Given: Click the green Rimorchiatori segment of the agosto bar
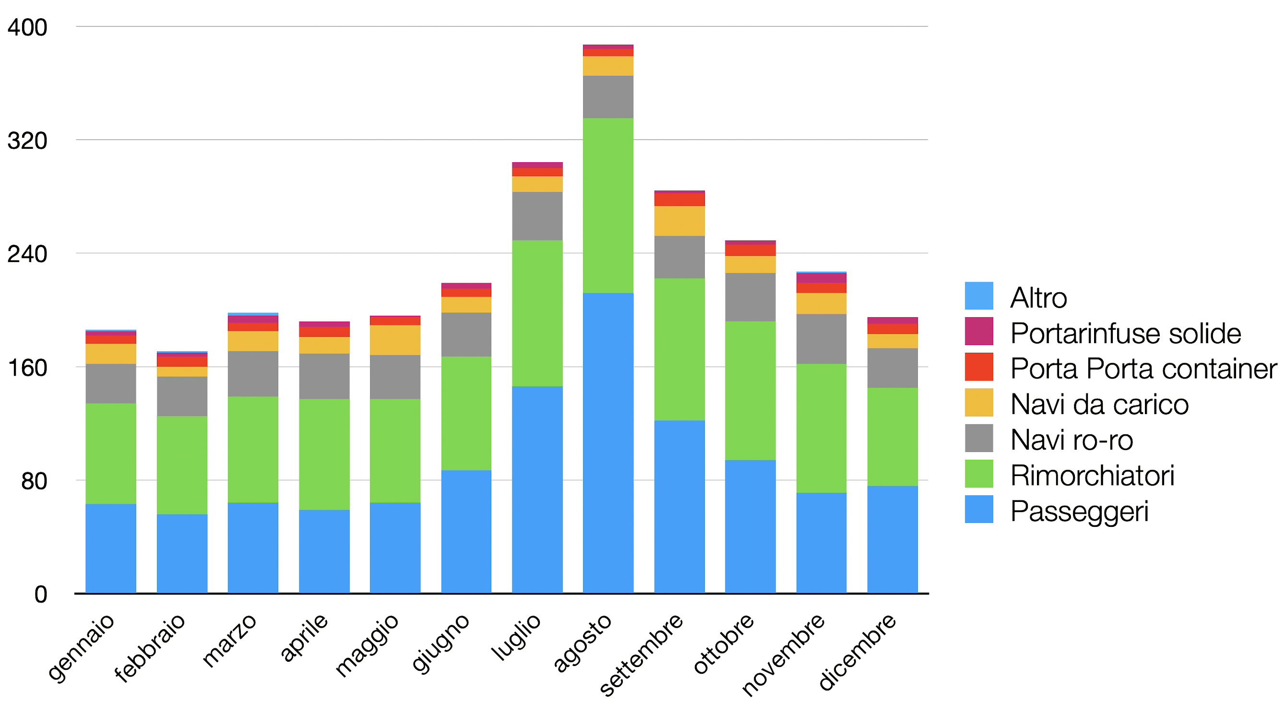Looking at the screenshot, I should point(608,205).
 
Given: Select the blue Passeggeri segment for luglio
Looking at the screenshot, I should point(537,489).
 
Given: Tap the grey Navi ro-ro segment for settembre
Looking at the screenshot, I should point(679,257).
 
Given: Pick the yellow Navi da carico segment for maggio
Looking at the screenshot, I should point(395,340).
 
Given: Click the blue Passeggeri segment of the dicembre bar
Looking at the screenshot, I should point(892,539).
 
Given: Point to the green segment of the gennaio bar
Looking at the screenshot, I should point(111,453).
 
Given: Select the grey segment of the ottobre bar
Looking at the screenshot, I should point(750,297).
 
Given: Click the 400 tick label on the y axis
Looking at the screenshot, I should point(27,27).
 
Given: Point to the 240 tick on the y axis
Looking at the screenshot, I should point(27,254).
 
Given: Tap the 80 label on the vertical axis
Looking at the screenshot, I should point(34,481).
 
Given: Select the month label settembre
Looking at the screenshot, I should point(642,654).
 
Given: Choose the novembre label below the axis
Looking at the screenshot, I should point(783,654).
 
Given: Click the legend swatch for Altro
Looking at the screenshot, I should point(978,296).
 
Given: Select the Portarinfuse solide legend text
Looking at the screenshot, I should point(1125,333).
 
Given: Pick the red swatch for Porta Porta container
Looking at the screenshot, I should point(978,367).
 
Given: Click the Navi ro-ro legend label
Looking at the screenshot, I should point(1072,440).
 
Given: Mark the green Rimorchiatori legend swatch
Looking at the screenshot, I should point(978,473).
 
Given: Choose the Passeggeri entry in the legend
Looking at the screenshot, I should point(1079,510).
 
